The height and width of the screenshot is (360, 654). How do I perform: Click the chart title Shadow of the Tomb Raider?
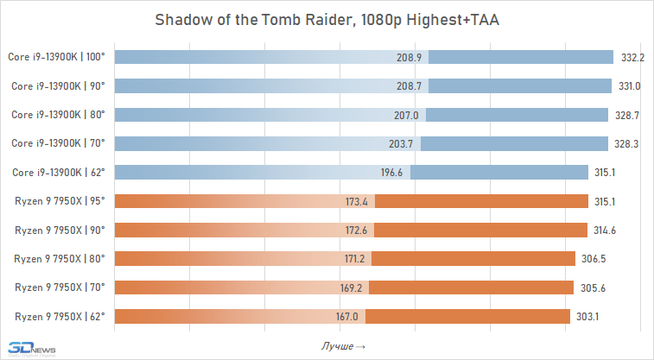click(327, 20)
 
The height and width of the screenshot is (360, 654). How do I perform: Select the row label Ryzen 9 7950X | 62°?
click(60, 316)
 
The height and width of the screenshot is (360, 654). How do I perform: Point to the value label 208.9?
click(408, 57)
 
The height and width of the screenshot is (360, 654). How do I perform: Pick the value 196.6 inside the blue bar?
click(392, 173)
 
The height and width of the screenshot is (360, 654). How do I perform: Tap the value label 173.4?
click(356, 201)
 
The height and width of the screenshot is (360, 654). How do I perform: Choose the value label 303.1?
click(587, 316)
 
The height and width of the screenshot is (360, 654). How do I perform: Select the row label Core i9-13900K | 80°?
click(58, 115)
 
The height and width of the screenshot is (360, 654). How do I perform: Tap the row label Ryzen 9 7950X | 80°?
click(60, 258)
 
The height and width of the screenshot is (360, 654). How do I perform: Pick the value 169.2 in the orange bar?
click(352, 287)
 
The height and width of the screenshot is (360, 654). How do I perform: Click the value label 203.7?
click(402, 143)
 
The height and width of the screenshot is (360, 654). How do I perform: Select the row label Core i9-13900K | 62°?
click(58, 173)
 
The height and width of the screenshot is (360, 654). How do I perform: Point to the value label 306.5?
click(593, 258)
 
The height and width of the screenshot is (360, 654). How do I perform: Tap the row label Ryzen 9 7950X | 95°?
click(60, 201)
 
